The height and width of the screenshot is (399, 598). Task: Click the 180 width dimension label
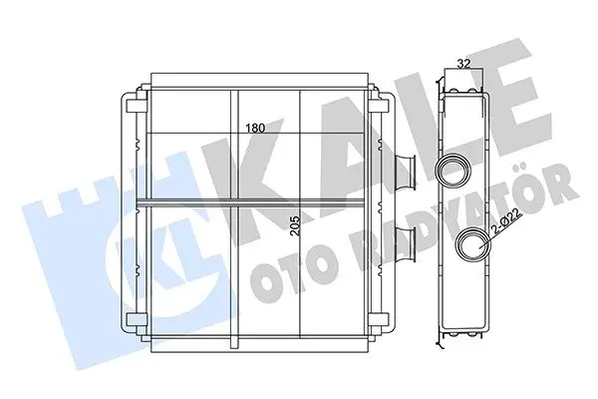(x=254, y=128)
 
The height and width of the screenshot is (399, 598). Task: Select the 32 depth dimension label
(x=463, y=64)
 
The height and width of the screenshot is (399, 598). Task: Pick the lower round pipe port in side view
(x=473, y=244)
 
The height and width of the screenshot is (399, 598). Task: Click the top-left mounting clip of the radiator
(x=137, y=106)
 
